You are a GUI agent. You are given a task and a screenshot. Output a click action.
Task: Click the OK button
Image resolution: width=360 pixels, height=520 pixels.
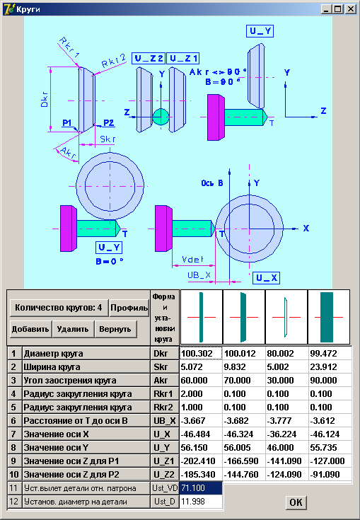[296, 502]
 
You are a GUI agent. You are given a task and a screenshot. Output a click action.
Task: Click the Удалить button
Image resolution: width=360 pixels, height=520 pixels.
[73, 329]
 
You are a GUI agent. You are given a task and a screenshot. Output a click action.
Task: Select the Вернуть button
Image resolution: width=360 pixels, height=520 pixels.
[115, 329]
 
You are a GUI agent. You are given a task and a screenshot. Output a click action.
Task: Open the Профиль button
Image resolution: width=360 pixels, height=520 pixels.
[129, 308]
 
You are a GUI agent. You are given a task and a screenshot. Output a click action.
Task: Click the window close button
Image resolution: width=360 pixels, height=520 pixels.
[351, 9]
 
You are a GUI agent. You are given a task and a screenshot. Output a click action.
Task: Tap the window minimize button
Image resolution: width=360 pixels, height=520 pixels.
[327, 9]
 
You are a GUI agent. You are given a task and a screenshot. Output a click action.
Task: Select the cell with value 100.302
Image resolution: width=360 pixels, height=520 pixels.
[201, 354]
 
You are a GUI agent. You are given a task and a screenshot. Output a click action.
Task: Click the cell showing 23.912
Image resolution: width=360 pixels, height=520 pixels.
[330, 366]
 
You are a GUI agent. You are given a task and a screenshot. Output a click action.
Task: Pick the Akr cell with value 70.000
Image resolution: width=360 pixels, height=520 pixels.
[244, 381]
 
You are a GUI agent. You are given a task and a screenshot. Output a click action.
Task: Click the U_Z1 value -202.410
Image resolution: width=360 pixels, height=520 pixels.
[201, 461]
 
